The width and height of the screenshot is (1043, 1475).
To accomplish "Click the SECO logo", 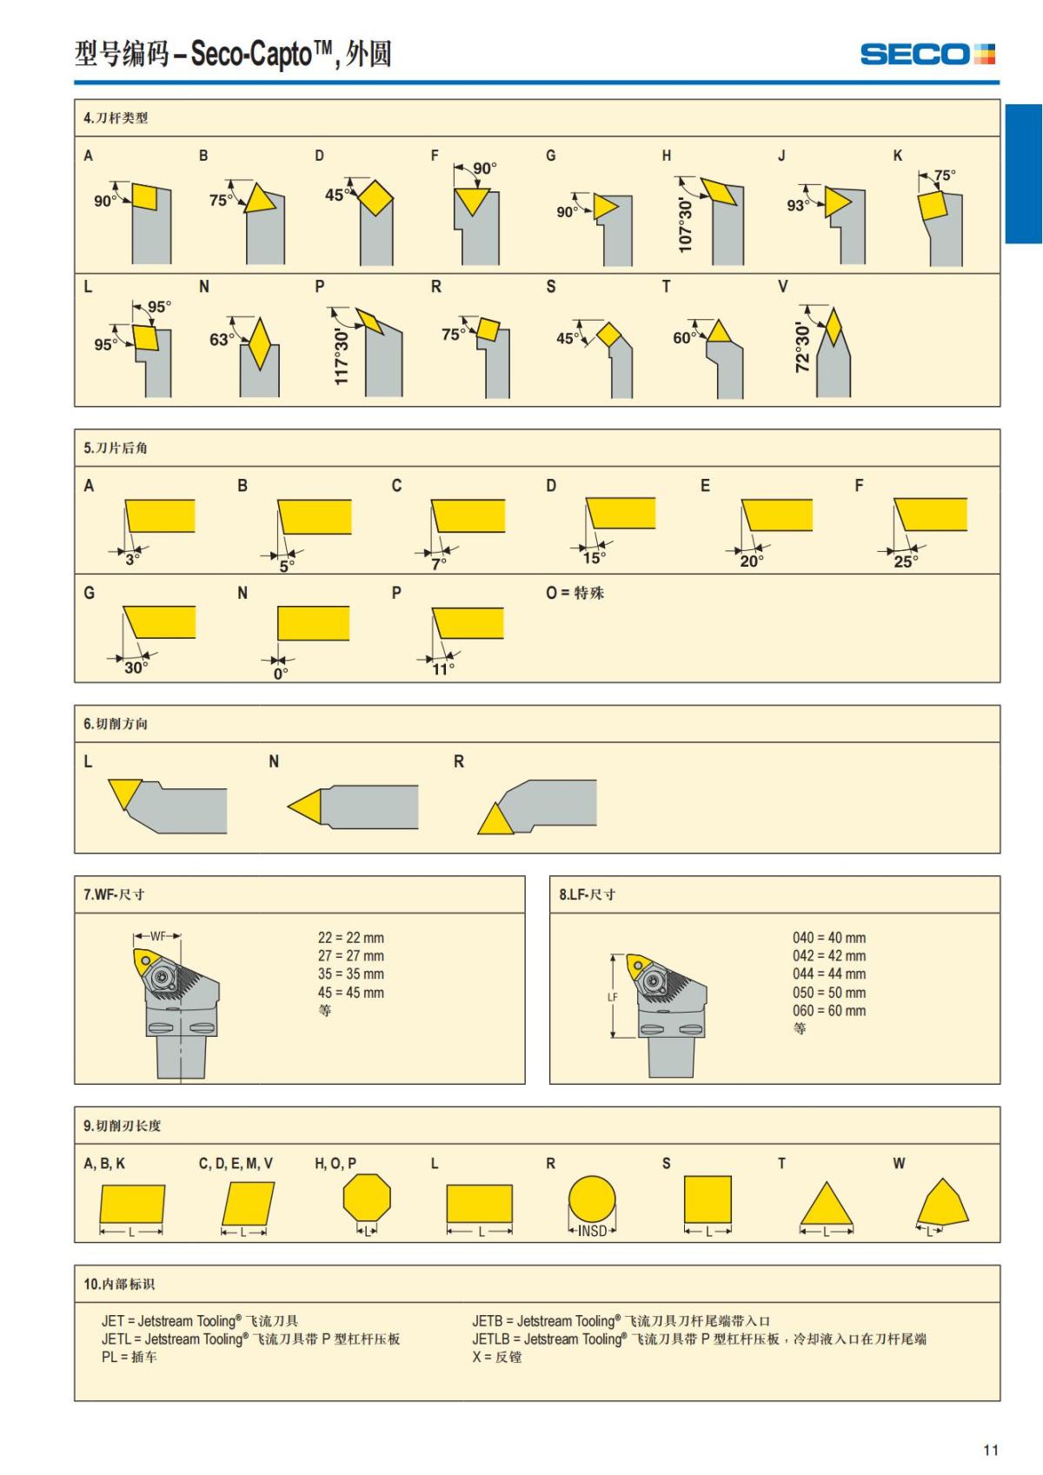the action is pyautogui.click(x=927, y=54).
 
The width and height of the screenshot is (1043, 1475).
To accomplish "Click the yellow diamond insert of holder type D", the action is pyautogui.click(x=375, y=197).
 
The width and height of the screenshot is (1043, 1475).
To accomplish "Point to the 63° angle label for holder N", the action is pyautogui.click(x=222, y=340).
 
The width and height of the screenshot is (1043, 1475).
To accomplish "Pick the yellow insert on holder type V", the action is pyautogui.click(x=834, y=328).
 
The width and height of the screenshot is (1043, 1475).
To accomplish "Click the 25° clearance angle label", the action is pyautogui.click(x=906, y=561).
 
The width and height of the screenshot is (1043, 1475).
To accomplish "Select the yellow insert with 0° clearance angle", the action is pyautogui.click(x=314, y=623).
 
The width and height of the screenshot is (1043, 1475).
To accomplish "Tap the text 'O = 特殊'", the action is pyautogui.click(x=575, y=593).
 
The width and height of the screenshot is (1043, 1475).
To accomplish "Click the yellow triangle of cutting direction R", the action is pyautogui.click(x=495, y=819).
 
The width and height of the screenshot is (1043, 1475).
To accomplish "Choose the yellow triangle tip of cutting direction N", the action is pyautogui.click(x=289, y=806).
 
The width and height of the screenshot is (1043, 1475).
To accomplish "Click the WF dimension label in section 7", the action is pyautogui.click(x=157, y=936).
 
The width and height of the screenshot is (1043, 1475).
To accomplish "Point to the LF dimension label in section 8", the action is pyautogui.click(x=613, y=997).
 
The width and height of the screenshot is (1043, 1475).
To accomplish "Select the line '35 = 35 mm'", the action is pyautogui.click(x=351, y=973).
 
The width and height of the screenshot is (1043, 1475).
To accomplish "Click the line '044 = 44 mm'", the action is pyautogui.click(x=829, y=973).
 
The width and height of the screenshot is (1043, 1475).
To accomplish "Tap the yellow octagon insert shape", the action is pyautogui.click(x=367, y=1197).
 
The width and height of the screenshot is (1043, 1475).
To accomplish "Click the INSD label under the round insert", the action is pyautogui.click(x=592, y=1231).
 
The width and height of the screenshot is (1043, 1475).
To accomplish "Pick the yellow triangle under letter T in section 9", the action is pyautogui.click(x=827, y=1205).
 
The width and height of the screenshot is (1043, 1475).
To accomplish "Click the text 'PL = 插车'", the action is pyautogui.click(x=129, y=1357).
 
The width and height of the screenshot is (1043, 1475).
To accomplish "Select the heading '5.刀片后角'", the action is pyautogui.click(x=116, y=448).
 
